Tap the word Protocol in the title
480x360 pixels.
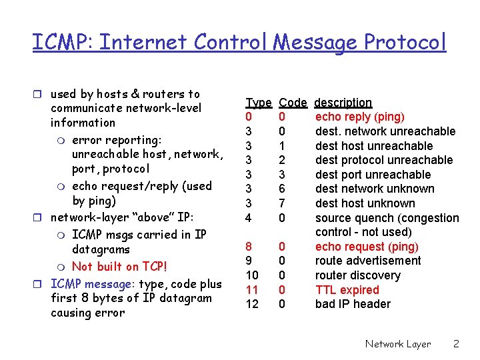coord(405,43)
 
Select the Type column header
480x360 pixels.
coord(259,103)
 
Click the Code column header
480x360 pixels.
coord(293,103)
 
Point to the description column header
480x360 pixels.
coord(343,103)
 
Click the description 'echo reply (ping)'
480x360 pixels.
coord(360,117)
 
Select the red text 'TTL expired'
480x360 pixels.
coord(347,290)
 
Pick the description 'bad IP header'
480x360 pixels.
coord(353,304)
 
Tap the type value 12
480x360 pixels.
coord(252,304)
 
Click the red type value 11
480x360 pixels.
coord(252,290)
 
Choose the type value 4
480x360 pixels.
coord(249,218)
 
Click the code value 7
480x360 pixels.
coord(282,203)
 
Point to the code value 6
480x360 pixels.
coord(282,189)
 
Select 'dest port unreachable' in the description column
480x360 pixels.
coord(373,175)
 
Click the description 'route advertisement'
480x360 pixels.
coord(368,261)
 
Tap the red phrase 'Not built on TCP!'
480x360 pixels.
coord(119,267)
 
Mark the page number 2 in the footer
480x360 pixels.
coord(456,344)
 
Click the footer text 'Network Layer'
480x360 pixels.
coord(397,344)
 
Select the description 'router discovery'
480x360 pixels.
coord(357,275)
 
